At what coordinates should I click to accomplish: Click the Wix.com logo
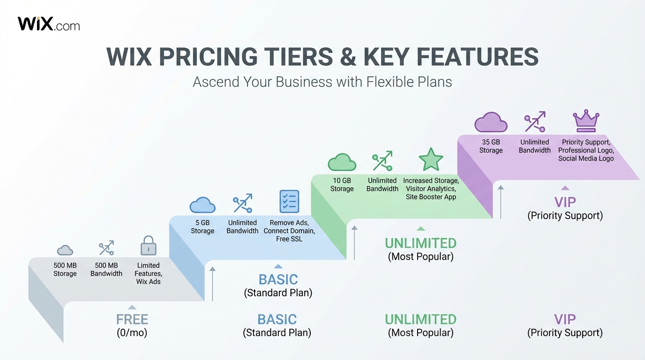click(49, 24)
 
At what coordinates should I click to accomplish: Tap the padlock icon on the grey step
click(149, 246)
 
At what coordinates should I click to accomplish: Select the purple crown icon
click(586, 121)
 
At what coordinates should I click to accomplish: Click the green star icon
click(431, 160)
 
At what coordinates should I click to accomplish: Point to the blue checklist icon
click(289, 202)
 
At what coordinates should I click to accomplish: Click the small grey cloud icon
click(65, 250)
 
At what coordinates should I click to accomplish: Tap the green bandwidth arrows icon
click(382, 161)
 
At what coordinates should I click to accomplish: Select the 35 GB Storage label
click(491, 146)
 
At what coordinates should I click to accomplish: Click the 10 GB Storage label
click(342, 185)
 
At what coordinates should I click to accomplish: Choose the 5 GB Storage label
click(202, 227)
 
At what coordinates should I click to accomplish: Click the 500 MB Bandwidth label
click(106, 270)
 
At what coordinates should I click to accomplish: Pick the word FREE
click(132, 320)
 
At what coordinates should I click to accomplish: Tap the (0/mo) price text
click(132, 333)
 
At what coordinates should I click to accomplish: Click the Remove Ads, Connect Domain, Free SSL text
click(289, 231)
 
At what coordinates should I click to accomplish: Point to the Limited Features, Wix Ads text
click(149, 273)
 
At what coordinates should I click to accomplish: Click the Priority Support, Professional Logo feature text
click(586, 146)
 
